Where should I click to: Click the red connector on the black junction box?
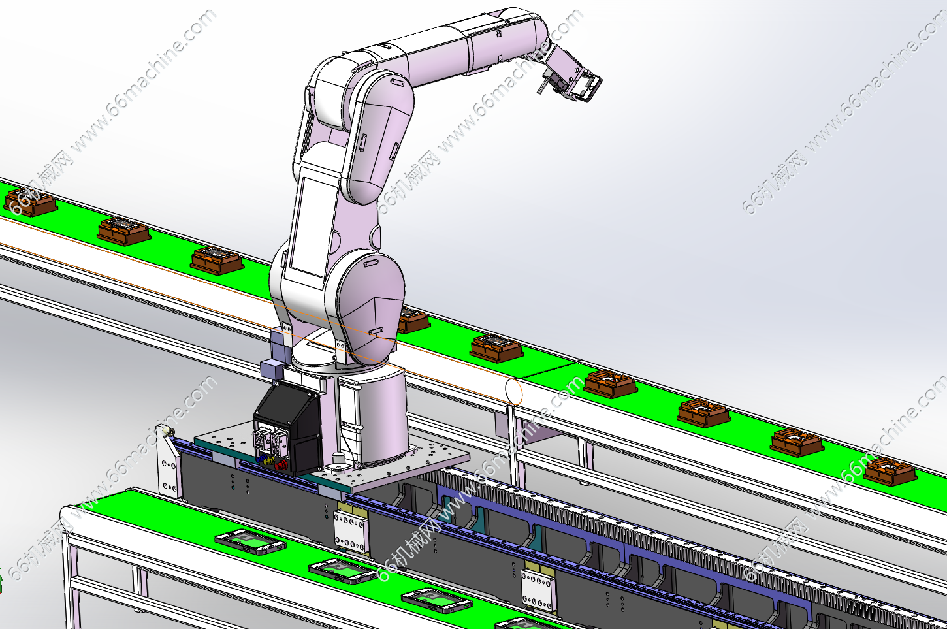280,466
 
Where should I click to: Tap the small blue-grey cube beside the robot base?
271,368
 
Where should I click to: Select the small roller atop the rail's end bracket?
169,432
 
